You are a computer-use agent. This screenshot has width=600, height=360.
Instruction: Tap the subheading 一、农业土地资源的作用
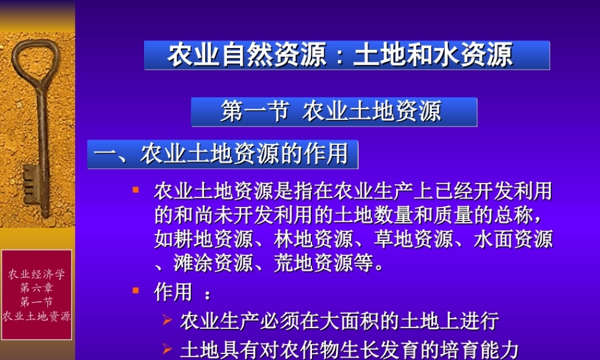(223, 154)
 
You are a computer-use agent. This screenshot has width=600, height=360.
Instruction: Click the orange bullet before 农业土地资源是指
(136, 191)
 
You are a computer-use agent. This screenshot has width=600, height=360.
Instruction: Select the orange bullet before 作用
(136, 291)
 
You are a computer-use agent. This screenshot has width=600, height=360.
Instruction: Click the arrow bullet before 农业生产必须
(167, 320)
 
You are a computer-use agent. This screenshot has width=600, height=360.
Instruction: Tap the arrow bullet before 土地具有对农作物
(167, 348)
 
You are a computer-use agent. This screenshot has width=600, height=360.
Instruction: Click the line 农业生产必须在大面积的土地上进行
(339, 320)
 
